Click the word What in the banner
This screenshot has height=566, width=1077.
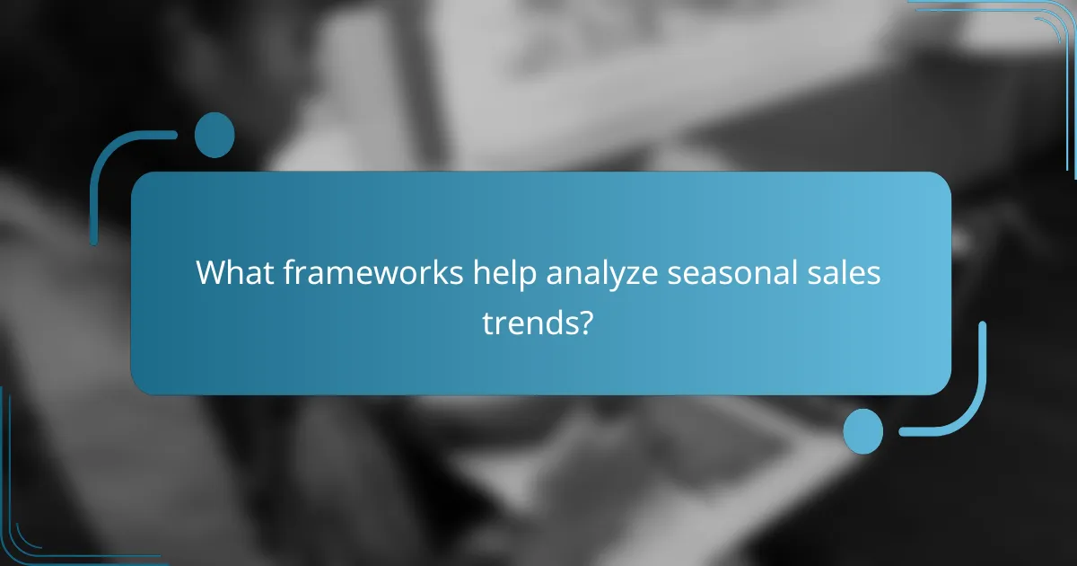coord(226,273)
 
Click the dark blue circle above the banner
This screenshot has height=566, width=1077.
coord(215,135)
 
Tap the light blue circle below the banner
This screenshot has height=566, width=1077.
coord(863,430)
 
